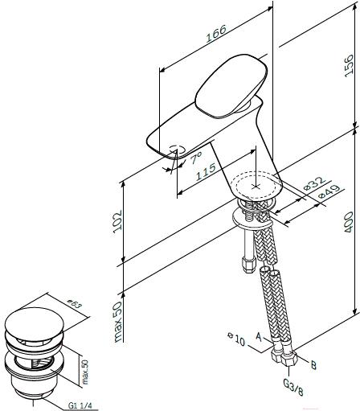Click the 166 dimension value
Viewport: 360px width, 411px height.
[216, 34]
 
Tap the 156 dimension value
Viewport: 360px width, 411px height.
[349, 66]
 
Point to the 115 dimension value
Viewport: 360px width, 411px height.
[206, 172]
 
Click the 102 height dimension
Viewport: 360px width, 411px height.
[117, 221]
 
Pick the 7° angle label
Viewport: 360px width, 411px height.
[196, 158]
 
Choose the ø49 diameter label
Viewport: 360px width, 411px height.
[329, 191]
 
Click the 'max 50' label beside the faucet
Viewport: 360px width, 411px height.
[118, 322]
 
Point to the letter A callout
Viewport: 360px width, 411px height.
[258, 337]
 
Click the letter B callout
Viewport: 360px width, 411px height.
[313, 365]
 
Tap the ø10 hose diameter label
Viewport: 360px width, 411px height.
[236, 339]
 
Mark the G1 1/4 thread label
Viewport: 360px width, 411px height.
[80, 405]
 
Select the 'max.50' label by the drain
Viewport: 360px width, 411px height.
[84, 372]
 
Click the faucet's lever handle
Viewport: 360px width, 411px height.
[231, 86]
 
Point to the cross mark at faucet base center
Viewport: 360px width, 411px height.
[256, 187]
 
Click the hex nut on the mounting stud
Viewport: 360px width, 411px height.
[248, 265]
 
